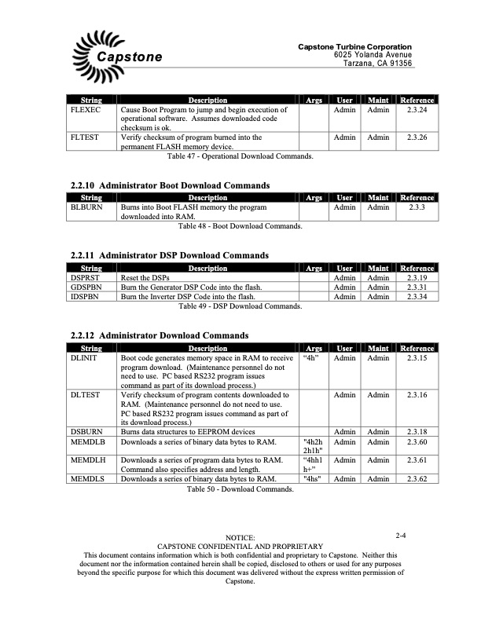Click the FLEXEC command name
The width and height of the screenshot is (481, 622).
tap(85, 110)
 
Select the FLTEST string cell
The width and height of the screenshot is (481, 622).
tap(84, 137)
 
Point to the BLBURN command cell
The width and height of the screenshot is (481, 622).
tap(86, 207)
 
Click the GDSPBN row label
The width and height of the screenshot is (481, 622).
tap(86, 287)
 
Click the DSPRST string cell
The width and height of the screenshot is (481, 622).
tap(86, 278)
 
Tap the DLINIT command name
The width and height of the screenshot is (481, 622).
tap(84, 358)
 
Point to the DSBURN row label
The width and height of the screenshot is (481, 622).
tap(86, 432)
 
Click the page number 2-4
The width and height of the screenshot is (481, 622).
tap(400, 536)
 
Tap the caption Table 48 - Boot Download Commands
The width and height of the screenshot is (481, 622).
tap(240, 226)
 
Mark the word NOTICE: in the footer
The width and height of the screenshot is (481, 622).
tap(240, 537)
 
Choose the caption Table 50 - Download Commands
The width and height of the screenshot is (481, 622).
tap(240, 488)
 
